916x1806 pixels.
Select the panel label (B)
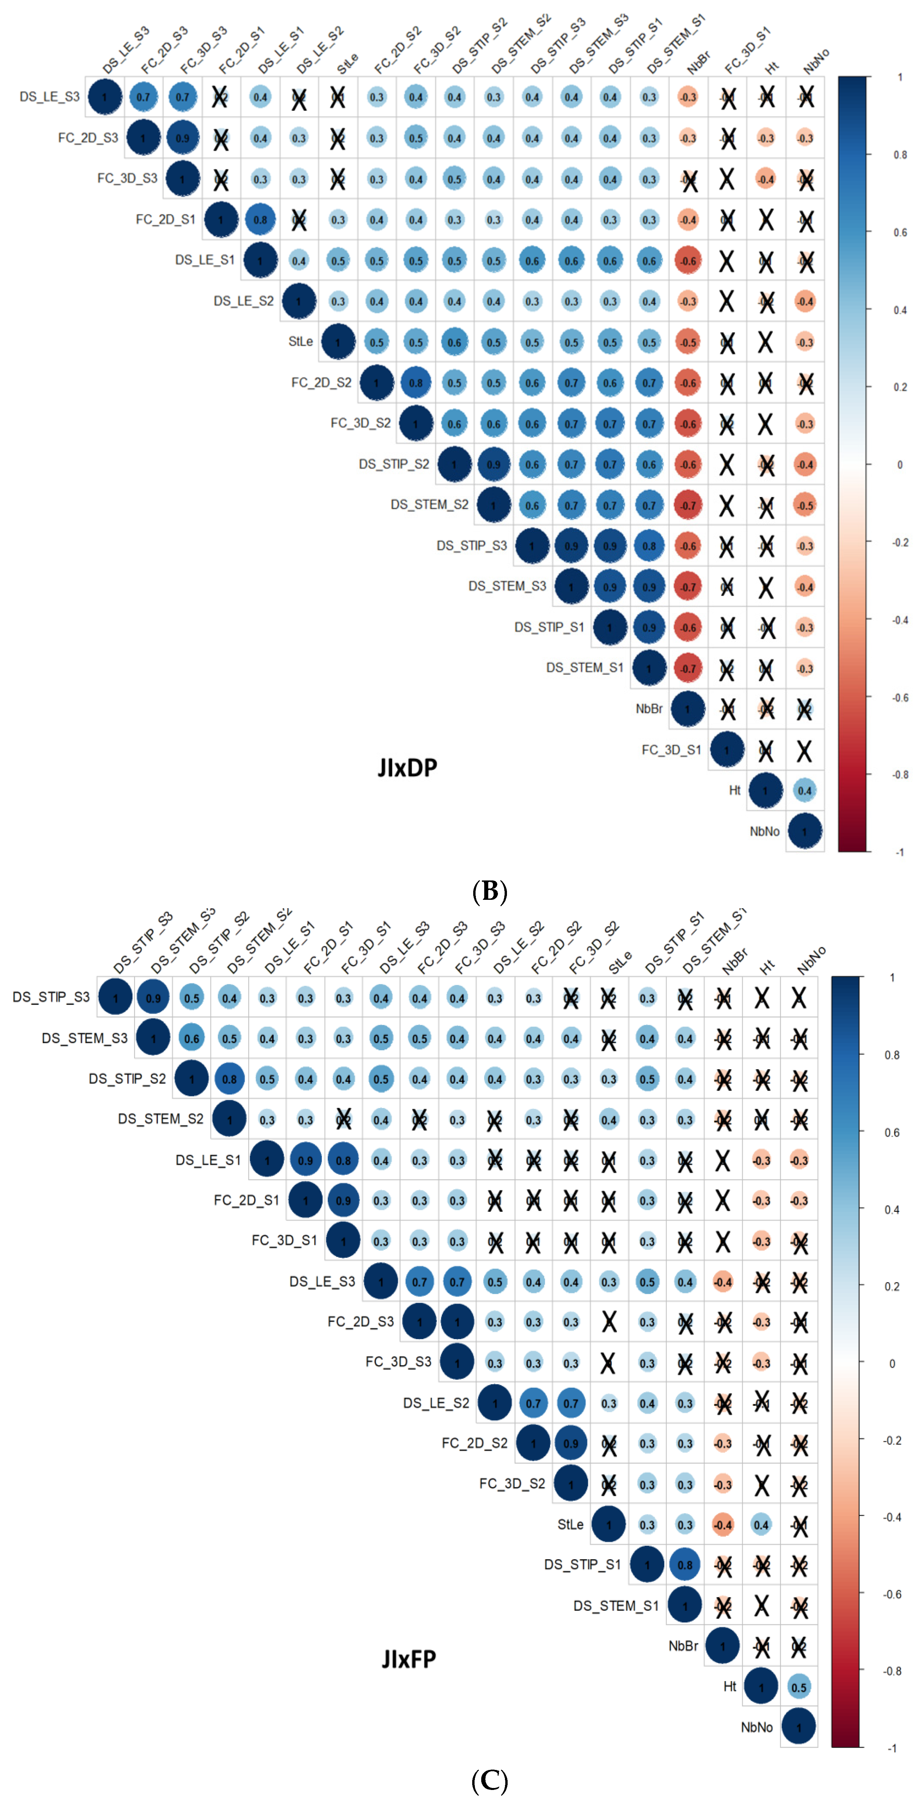[x=490, y=891]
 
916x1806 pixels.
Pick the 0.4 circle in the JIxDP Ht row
[x=804, y=791]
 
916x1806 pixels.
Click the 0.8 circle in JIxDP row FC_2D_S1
[x=260, y=219]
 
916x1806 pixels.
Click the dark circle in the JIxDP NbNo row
[x=804, y=831]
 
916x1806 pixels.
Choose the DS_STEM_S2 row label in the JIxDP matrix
[x=429, y=505]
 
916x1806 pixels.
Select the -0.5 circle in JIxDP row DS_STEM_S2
[x=804, y=505]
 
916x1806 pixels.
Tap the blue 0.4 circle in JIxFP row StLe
[x=761, y=1525]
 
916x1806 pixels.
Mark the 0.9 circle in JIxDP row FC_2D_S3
[x=182, y=138]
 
